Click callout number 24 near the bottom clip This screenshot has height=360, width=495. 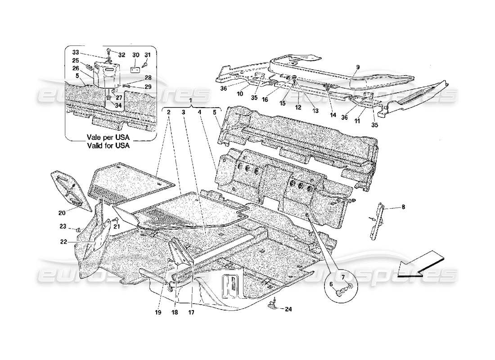288,309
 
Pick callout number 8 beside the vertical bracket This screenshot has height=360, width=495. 403,207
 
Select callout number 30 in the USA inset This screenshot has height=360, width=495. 135,55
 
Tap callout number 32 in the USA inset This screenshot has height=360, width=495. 122,54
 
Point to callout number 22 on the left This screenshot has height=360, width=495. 63,242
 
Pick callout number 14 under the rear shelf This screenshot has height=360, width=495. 333,115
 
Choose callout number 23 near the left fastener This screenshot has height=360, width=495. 63,226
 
